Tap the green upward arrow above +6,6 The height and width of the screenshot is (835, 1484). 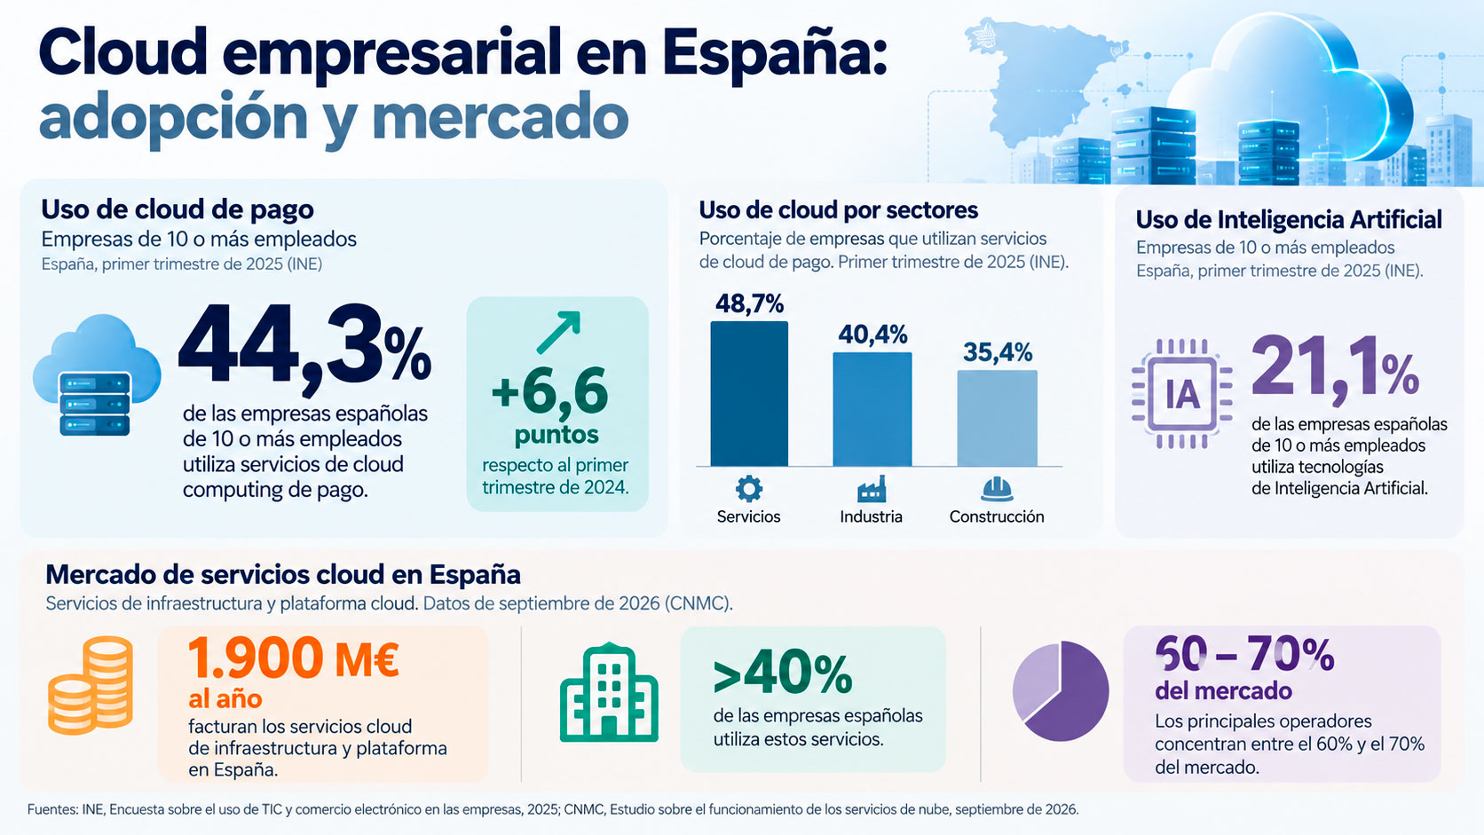pos(558,332)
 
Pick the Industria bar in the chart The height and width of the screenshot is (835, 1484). pos(872,409)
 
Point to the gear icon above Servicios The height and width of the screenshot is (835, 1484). pos(748,489)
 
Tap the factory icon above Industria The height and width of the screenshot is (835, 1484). pos(872,489)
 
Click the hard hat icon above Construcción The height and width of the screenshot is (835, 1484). pos(997,489)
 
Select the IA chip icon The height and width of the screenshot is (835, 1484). pos(1182,393)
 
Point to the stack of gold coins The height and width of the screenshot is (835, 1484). pos(91,685)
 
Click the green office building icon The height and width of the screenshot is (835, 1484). pos(609,692)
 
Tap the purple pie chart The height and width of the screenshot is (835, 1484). pos(1061,690)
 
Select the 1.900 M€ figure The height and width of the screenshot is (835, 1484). pos(294,658)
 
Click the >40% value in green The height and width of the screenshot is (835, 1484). pos(783,674)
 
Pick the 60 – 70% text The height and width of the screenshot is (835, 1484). pos(1244,654)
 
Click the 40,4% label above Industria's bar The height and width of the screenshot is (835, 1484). pos(872,335)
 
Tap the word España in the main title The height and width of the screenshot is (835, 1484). pos(774,55)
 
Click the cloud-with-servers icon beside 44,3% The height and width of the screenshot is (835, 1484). pos(97,374)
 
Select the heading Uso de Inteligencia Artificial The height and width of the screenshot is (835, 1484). pos(1289,220)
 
